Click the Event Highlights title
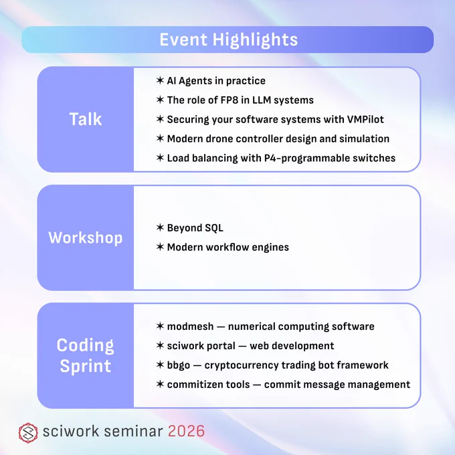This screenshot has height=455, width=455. pyautogui.click(x=229, y=39)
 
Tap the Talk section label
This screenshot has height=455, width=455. pyautogui.click(x=86, y=119)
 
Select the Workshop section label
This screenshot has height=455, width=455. pyautogui.click(x=86, y=238)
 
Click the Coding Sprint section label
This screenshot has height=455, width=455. pyautogui.click(x=86, y=355)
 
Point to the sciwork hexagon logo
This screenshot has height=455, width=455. pyautogui.click(x=28, y=433)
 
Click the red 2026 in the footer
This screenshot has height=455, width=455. pyautogui.click(x=186, y=431)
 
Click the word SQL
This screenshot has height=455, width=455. pyautogui.click(x=214, y=228)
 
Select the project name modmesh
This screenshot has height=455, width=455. pyautogui.click(x=190, y=327)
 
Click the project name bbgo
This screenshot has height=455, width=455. pyautogui.click(x=179, y=365)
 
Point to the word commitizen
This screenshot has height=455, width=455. pyautogui.click(x=195, y=385)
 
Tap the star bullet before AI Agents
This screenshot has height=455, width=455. pyautogui.click(x=160, y=80)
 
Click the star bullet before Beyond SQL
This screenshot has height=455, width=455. pyautogui.click(x=160, y=227)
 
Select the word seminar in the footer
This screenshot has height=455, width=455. pyautogui.click(x=133, y=431)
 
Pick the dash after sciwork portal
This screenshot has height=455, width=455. pyautogui.click(x=243, y=346)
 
